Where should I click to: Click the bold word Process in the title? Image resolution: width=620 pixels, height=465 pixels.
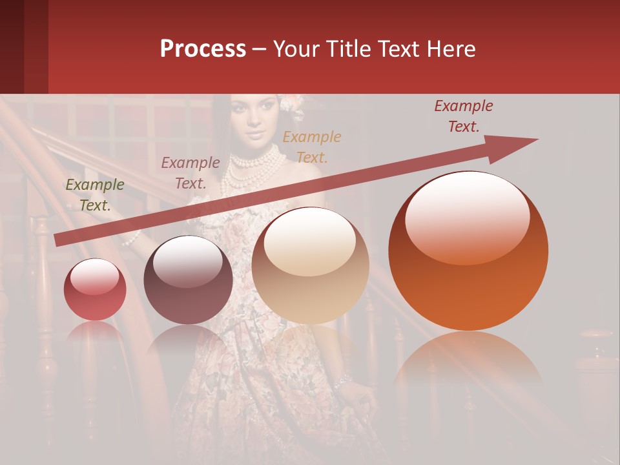pos(203,49)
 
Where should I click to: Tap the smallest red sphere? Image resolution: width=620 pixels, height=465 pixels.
pos(95,290)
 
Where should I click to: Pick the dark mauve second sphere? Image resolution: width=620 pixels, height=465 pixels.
pos(188,280)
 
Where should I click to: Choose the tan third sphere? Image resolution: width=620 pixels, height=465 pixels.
pos(310,265)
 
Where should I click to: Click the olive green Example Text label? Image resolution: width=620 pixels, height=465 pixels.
pos(95,195)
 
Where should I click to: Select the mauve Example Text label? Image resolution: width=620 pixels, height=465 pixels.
pos(191,173)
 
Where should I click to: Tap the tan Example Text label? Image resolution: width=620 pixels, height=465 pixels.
pos(312,147)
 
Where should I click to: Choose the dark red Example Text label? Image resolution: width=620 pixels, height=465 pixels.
pos(464,116)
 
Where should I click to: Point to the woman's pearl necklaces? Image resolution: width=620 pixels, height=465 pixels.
pos(256,165)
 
